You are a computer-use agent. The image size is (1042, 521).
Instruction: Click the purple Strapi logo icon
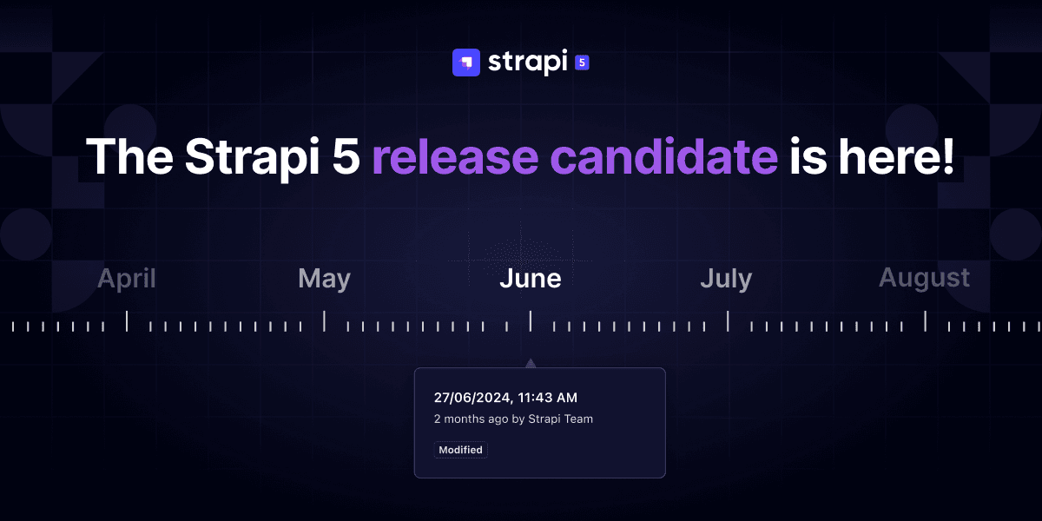pos(466,63)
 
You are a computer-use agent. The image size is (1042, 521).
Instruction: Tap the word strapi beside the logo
pos(527,63)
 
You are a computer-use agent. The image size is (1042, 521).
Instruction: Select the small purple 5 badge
pos(583,63)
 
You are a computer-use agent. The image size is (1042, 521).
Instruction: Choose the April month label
pos(127,279)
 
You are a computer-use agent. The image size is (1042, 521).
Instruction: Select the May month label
pos(324,279)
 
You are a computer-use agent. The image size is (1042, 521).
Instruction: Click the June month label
pos(531,279)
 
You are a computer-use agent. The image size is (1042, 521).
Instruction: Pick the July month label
pos(726,279)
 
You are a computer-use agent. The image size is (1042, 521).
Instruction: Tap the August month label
pos(924,279)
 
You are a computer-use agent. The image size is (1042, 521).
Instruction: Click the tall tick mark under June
pos(531,321)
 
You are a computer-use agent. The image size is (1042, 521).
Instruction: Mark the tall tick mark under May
pos(324,321)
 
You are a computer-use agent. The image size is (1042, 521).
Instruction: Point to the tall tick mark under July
pos(728,321)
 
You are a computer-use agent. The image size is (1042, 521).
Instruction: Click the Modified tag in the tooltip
pos(461,450)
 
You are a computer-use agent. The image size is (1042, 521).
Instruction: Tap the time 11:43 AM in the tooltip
pos(548,398)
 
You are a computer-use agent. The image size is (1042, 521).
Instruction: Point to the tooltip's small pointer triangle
pos(531,363)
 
